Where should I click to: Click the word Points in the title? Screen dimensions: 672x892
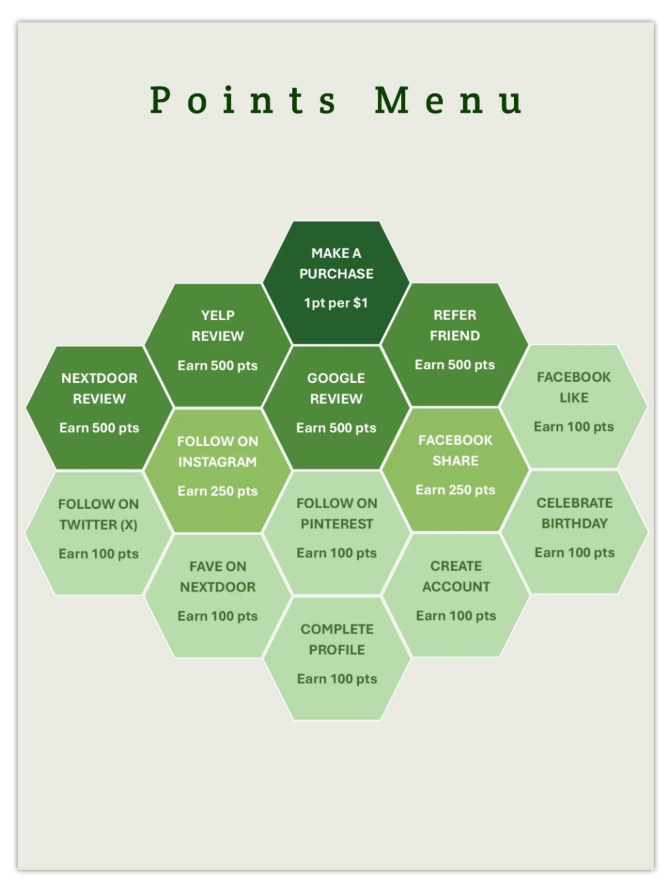(243, 100)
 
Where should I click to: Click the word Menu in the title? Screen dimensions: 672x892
(448, 100)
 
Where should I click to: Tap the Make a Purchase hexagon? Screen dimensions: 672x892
(336, 283)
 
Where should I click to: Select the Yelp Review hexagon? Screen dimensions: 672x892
(217, 345)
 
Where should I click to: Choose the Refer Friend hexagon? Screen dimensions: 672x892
(455, 345)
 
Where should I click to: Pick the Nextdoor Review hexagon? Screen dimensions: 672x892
(99, 408)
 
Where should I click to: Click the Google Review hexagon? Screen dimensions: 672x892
(336, 408)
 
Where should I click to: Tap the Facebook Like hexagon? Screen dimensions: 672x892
(574, 407)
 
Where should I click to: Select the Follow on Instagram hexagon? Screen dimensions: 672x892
(217, 471)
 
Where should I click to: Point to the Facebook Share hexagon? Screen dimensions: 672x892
(455, 470)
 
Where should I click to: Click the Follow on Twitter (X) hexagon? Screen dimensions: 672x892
(98, 533)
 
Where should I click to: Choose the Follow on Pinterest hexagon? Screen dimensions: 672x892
(336, 533)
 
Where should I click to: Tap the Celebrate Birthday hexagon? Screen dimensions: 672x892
(574, 532)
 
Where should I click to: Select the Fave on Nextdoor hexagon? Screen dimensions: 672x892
(217, 596)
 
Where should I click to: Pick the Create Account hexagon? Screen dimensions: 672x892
(456, 595)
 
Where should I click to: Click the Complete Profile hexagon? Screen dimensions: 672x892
(337, 659)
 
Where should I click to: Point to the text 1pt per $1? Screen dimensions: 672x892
(336, 303)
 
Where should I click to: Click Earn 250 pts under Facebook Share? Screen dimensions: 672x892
(455, 490)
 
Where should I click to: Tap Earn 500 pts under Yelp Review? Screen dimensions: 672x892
(217, 365)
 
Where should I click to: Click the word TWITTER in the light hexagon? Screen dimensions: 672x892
(88, 525)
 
